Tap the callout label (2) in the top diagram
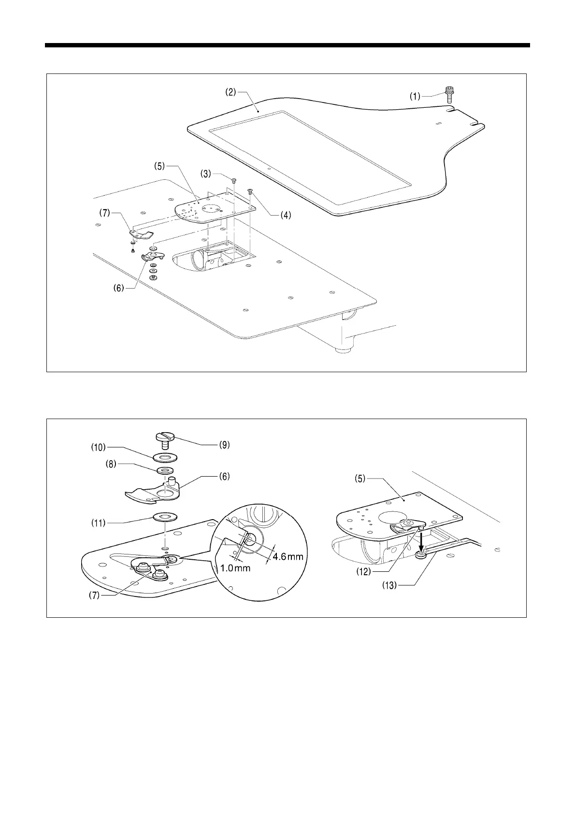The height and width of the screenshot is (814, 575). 230,92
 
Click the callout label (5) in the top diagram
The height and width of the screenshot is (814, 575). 160,166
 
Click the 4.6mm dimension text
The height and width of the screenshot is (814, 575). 288,556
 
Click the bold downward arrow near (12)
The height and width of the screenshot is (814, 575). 422,541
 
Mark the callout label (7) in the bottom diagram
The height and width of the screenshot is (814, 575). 95,596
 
